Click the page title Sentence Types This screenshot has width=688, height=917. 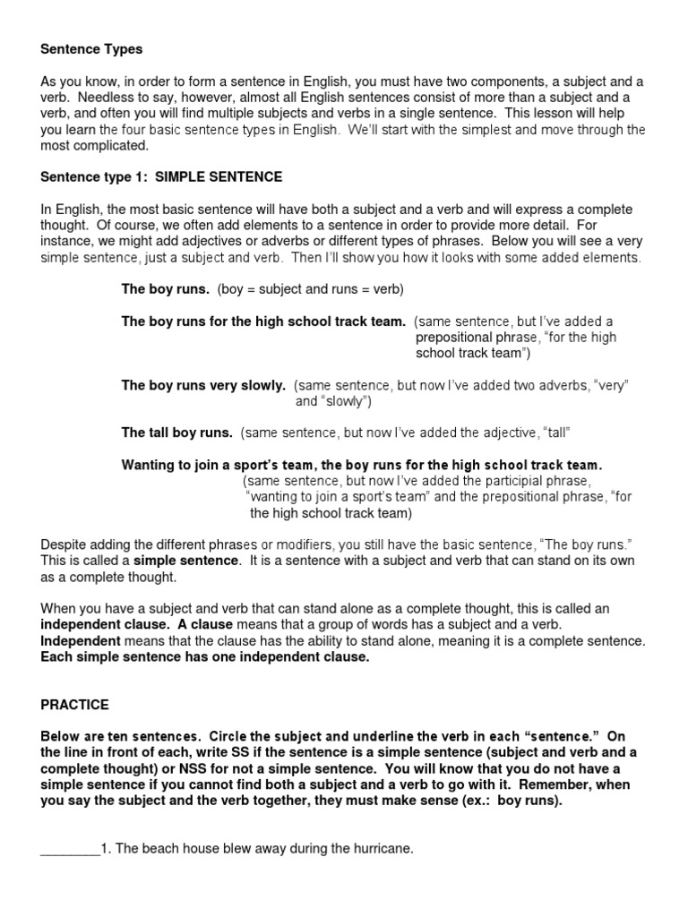(92, 48)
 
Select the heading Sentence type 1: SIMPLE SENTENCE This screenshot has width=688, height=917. (161, 176)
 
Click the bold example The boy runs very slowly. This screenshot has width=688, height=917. (203, 385)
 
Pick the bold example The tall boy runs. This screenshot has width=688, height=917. (176, 433)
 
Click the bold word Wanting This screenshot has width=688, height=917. (147, 465)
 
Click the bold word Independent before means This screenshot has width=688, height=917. (81, 641)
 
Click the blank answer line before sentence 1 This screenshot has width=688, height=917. (70, 850)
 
